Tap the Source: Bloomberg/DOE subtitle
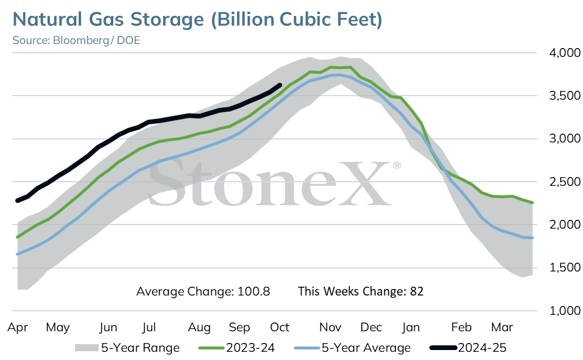[76, 40]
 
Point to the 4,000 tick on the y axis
[565, 53]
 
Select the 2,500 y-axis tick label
[565, 182]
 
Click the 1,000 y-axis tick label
[565, 311]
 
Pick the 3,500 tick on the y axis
[565, 96]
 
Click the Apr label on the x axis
[18, 328]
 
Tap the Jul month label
[149, 327]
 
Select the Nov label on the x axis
[330, 327]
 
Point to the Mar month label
[502, 327]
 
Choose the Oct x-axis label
[280, 327]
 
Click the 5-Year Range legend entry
[127, 348]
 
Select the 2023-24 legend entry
[237, 348]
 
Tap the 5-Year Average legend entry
[352, 348]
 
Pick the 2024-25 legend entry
[468, 348]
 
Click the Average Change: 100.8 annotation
[203, 291]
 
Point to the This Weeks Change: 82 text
[361, 291]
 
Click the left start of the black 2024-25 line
[18, 201]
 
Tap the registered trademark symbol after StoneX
[396, 165]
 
